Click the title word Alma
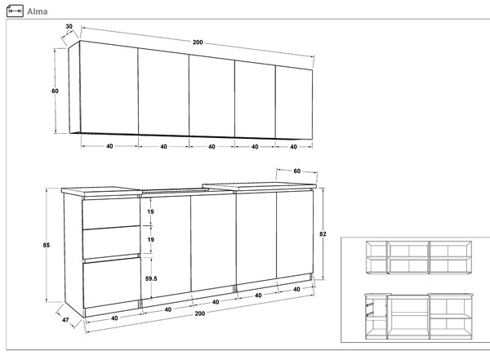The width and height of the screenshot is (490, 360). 38,11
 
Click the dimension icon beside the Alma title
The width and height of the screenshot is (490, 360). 15,11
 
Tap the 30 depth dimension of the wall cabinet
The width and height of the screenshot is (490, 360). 69,27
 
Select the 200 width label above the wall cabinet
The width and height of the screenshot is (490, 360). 198,42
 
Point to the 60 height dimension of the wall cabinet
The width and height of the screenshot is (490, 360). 55,91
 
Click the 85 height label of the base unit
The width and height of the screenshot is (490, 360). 47,245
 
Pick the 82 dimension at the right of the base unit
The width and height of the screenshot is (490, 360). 323,233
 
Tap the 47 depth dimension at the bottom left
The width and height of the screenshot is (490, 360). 65,320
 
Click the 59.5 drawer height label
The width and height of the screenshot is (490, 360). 151,278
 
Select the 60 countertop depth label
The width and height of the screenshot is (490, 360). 297,171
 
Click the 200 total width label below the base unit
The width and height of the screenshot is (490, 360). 200,313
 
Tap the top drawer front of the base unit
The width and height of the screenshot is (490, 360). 111,213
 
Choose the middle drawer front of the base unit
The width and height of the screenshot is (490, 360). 111,242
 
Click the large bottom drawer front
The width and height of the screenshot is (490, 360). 112,282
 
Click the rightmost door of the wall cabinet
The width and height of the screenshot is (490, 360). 294,103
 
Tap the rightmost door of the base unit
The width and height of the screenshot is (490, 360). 295,234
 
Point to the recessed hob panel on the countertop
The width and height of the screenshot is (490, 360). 175,190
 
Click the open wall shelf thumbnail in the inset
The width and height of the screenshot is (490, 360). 419,257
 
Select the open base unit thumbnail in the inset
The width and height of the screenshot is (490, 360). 419,316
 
